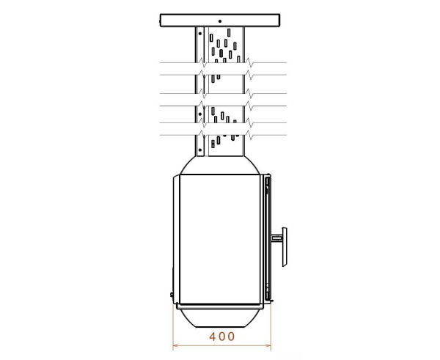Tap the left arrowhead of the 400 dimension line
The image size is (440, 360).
[175, 345]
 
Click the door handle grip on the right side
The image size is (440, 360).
[284, 237]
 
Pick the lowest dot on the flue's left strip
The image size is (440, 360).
[199, 146]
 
